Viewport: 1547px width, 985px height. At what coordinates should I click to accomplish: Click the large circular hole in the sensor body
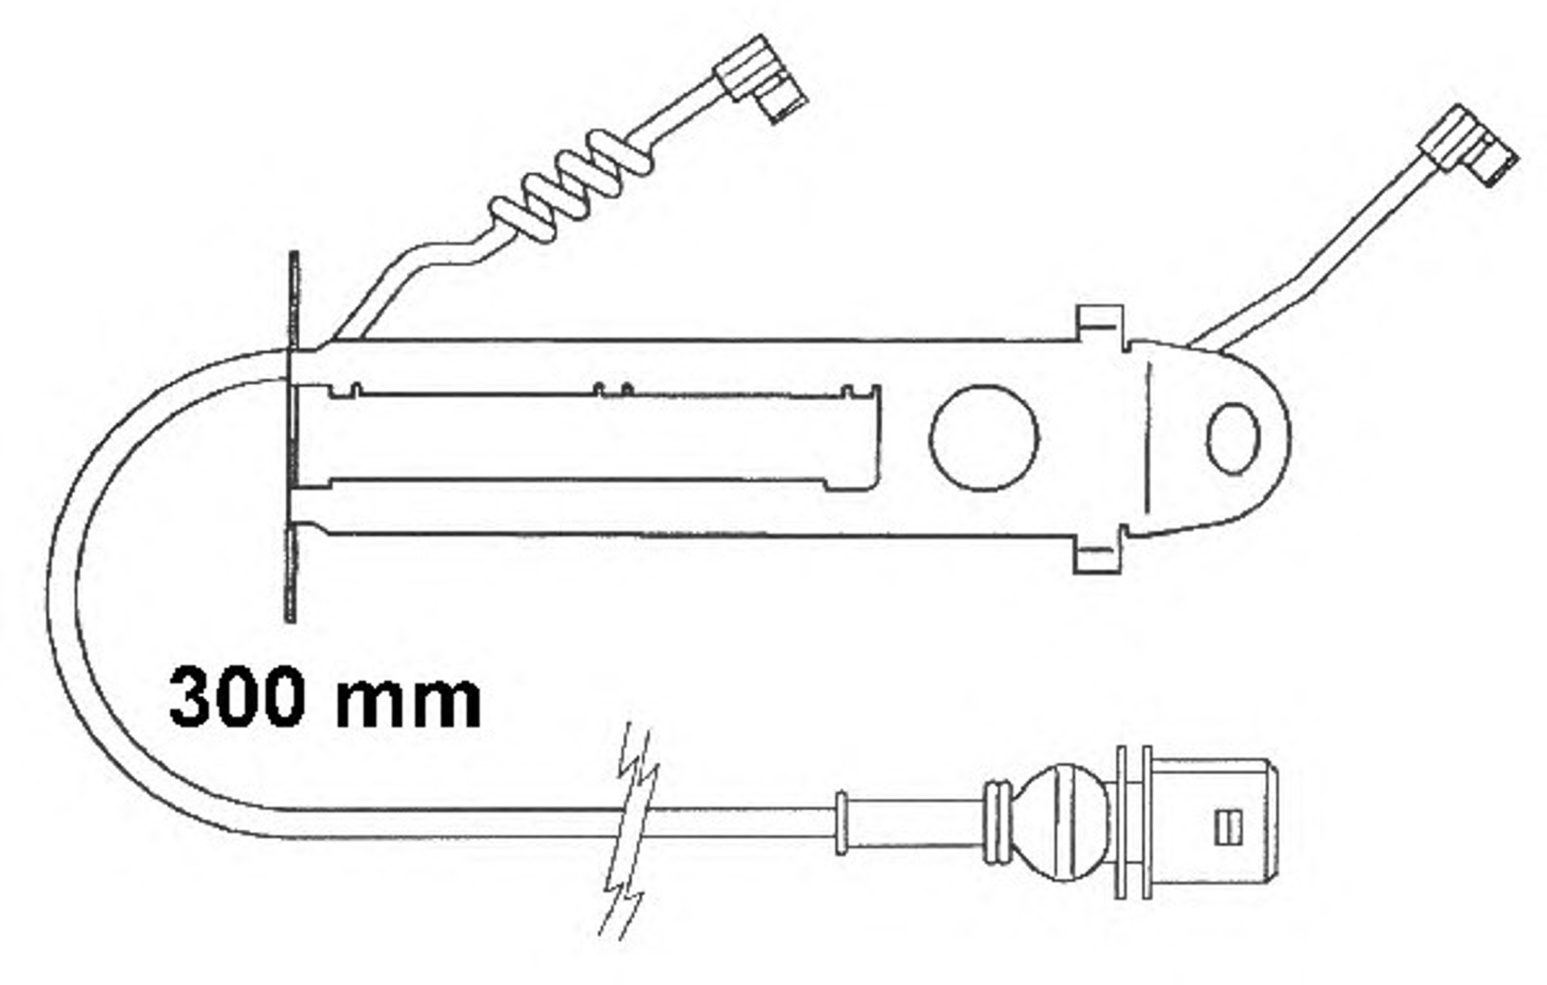[984, 438]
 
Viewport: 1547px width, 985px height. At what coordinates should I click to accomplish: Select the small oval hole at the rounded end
[1232, 439]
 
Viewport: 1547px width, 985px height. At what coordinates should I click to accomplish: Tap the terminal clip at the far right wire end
[1468, 146]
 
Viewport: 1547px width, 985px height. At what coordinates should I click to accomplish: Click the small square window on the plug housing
[1229, 827]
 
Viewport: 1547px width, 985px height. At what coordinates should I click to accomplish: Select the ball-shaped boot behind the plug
[1061, 823]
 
